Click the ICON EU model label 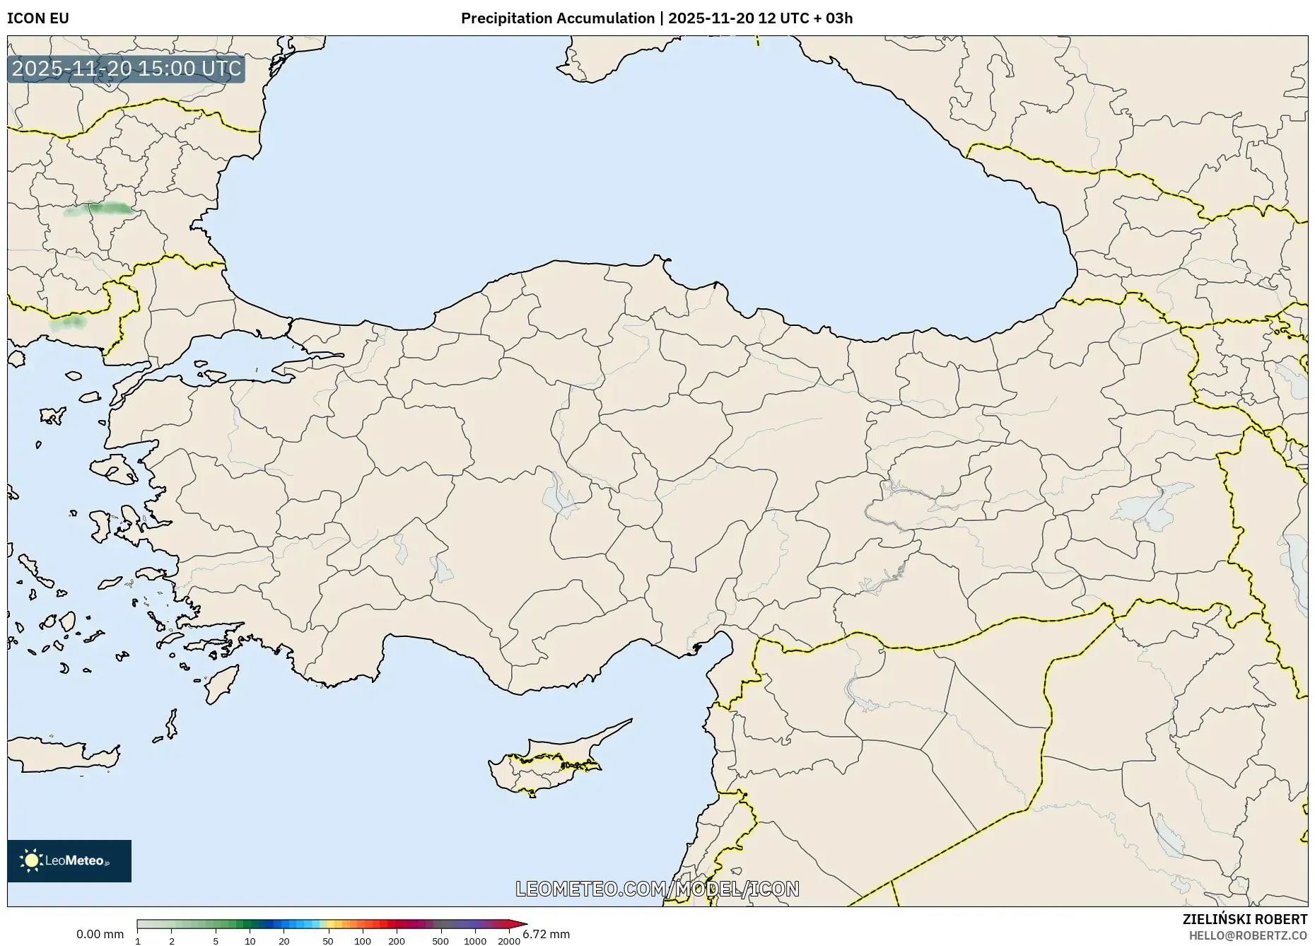pyautogui.click(x=38, y=18)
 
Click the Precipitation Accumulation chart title pyautogui.click(x=557, y=18)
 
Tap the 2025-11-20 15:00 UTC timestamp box pyautogui.click(x=127, y=69)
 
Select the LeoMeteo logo pyautogui.click(x=69, y=860)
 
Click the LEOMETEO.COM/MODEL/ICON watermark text pyautogui.click(x=657, y=889)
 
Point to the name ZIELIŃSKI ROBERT pyautogui.click(x=1244, y=919)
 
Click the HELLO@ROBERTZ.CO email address pyautogui.click(x=1248, y=935)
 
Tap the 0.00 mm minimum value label pyautogui.click(x=100, y=935)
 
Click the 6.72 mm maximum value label pyautogui.click(x=547, y=935)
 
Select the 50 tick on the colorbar pyautogui.click(x=328, y=940)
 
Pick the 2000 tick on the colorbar pyautogui.click(x=509, y=940)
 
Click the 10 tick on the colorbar pyautogui.click(x=250, y=940)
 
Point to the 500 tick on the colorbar pyautogui.click(x=440, y=940)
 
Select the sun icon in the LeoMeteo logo pyautogui.click(x=31, y=860)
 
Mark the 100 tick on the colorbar pyautogui.click(x=363, y=940)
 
